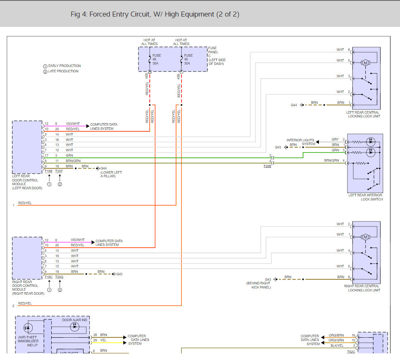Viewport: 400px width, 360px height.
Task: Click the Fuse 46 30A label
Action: point(157,59)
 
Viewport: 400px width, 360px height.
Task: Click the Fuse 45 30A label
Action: point(188,59)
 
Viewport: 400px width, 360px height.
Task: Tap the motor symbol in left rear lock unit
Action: point(365,63)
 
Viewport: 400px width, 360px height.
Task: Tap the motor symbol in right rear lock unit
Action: point(365,237)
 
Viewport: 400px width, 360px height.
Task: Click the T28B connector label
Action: point(267,166)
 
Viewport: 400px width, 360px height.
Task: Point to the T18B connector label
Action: point(48,172)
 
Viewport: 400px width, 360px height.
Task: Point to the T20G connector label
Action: point(59,277)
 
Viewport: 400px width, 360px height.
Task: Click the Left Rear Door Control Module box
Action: point(27,148)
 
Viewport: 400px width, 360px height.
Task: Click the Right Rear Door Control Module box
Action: point(27,258)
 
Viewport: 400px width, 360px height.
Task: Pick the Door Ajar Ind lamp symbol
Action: point(74,327)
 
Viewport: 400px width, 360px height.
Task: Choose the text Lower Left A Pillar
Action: point(111,174)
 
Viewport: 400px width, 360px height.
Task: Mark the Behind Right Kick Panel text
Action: point(259,285)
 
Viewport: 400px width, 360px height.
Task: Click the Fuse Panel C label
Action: point(217,56)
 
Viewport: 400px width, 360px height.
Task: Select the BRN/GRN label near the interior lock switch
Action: point(331,160)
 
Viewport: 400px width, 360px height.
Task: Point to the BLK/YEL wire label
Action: point(337,346)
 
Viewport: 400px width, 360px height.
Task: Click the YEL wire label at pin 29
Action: point(103,341)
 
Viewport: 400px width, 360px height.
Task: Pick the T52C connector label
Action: point(351,352)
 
